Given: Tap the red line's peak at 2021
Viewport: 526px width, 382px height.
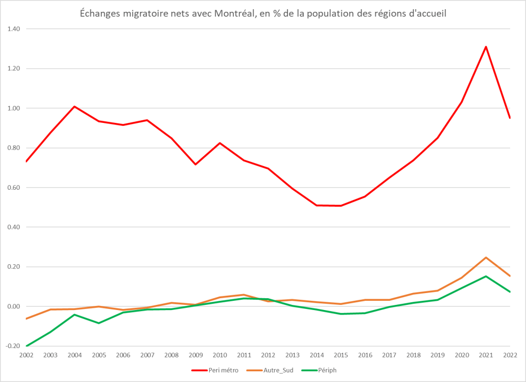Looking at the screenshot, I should point(486,47).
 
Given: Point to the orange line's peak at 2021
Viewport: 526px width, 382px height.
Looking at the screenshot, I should point(486,258).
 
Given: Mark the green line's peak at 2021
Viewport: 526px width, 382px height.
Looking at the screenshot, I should point(486,276).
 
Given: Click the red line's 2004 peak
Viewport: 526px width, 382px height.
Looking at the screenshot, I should point(75,106).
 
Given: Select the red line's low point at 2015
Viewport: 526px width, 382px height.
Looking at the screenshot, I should point(341,206).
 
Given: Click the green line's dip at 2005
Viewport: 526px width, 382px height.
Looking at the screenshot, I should point(99,323).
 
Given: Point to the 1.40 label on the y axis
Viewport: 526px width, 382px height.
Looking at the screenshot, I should point(13,29).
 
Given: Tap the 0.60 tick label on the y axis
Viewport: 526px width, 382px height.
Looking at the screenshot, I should point(13,188).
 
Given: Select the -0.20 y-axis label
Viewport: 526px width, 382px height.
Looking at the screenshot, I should point(12,346).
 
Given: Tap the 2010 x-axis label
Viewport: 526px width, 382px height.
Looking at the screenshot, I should point(220,354).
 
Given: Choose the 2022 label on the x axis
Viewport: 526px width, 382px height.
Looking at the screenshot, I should point(509,354).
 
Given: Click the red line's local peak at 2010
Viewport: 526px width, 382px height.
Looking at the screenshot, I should point(220,143).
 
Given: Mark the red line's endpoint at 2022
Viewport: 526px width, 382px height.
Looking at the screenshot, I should point(510,118).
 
